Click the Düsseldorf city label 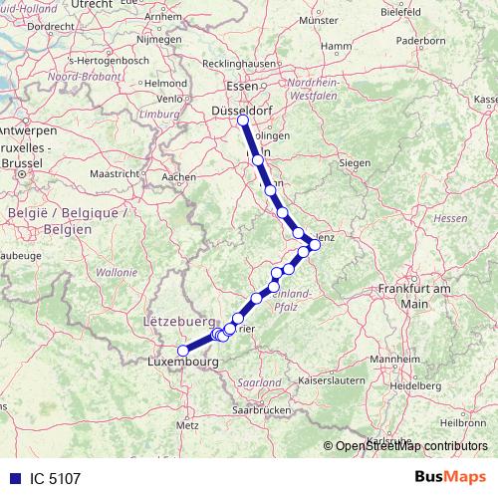point(243,103)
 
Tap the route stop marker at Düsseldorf point(243,121)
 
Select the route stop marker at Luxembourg point(182,351)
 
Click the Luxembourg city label point(182,363)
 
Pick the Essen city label point(242,86)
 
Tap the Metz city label point(187,424)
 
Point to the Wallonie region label point(117,271)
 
